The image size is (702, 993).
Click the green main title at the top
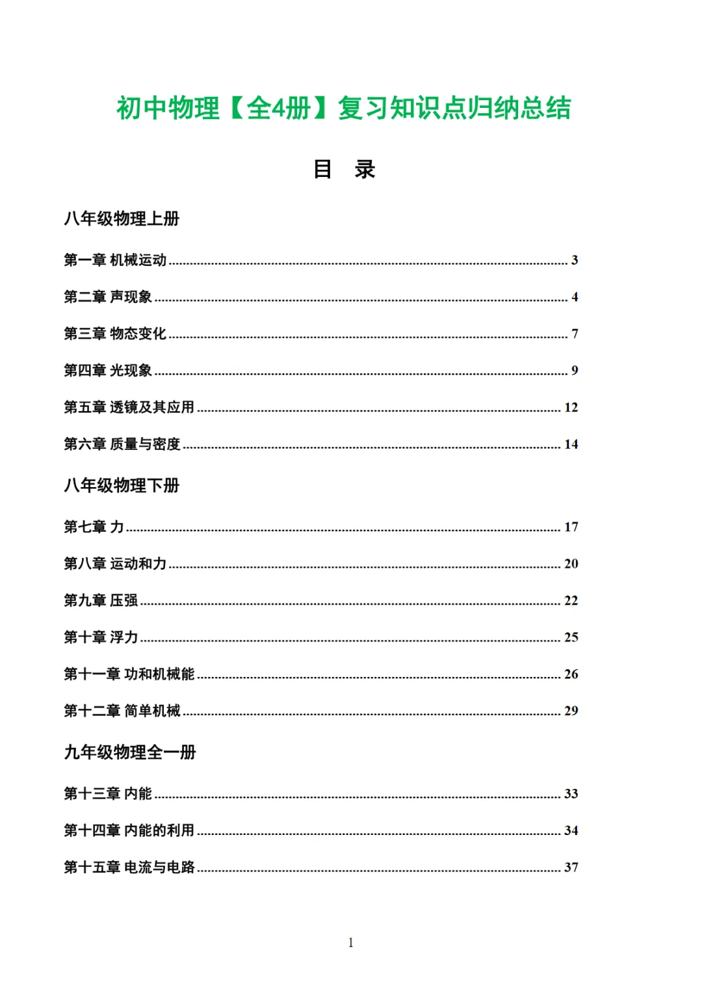tap(344, 108)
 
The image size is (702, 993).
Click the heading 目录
tap(344, 169)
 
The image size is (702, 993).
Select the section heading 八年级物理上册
tap(122, 218)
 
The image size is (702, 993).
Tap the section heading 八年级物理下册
tap(122, 485)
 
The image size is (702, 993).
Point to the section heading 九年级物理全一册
tap(130, 752)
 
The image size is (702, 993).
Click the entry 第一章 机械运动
tap(115, 260)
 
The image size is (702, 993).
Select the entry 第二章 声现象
tap(108, 297)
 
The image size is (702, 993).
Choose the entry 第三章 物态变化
tap(115, 334)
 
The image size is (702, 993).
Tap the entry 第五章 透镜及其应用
tap(129, 407)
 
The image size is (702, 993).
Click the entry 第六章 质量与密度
tap(122, 444)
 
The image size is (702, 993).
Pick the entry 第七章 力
tap(94, 527)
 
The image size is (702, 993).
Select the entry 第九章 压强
tap(101, 600)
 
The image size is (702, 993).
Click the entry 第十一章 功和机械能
tap(129, 674)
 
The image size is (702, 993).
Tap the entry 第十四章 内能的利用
tap(129, 830)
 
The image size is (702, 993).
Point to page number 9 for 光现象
tap(575, 371)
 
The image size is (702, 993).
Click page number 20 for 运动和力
tap(571, 564)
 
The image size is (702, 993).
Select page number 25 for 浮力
tap(571, 637)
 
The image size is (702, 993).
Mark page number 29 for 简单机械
tap(571, 711)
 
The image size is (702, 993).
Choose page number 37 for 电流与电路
tap(571, 867)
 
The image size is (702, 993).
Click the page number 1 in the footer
tap(351, 942)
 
